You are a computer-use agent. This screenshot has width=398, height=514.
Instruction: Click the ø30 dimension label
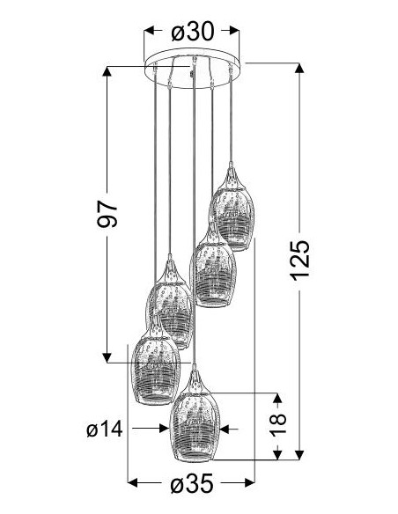(x=193, y=32)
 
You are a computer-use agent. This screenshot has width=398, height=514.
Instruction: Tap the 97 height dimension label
(x=107, y=215)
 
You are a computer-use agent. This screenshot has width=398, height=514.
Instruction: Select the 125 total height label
(x=299, y=261)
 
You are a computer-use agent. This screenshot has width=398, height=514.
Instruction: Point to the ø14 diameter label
(x=105, y=429)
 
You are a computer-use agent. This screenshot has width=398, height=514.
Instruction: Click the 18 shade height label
(x=277, y=424)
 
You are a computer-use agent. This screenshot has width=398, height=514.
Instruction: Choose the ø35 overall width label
(x=191, y=483)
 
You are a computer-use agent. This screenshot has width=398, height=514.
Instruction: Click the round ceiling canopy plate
(x=192, y=69)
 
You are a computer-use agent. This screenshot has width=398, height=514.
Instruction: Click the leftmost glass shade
(x=155, y=371)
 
